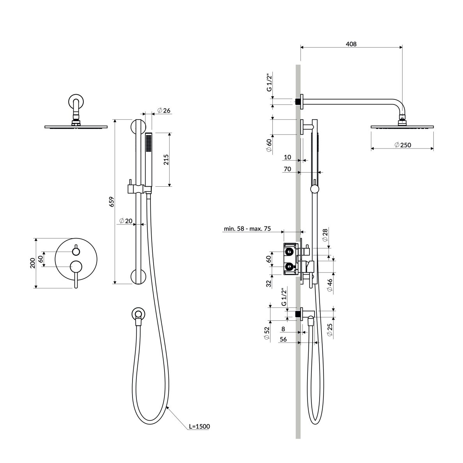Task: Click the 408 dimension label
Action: coord(351,44)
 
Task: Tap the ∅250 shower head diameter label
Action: coord(403,145)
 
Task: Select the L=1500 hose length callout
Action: coord(199,426)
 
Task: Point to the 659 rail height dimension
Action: coord(111,201)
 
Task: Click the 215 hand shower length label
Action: coord(166,159)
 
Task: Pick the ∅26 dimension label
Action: coord(164,110)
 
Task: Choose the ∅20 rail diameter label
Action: coord(126,221)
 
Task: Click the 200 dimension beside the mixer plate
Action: coord(32,263)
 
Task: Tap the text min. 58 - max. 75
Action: coord(247,228)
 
